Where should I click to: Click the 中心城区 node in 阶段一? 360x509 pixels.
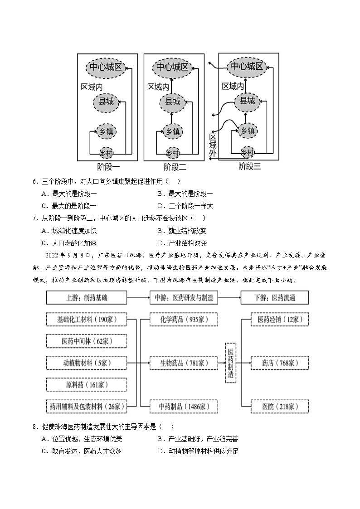tap(106, 68)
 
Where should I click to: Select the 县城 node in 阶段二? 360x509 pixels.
tap(172, 102)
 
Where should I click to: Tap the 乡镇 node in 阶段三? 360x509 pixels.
tap(247, 131)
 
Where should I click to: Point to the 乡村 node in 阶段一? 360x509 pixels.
tap(106, 153)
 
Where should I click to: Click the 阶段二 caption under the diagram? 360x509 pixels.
tap(175, 167)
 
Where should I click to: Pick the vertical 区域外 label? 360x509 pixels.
tap(213, 145)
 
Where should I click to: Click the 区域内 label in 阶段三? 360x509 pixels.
tap(233, 86)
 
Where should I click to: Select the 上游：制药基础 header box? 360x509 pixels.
tap(86, 298)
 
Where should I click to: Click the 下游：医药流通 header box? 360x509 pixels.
tap(275, 298)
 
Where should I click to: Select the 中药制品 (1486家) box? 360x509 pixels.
tap(184, 406)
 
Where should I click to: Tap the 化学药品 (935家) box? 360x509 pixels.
tap(184, 320)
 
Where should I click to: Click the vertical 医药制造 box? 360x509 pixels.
tap(230, 363)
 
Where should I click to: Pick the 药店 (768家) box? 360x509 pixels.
tap(280, 363)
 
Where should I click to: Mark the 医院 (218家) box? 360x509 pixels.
tap(280, 406)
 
